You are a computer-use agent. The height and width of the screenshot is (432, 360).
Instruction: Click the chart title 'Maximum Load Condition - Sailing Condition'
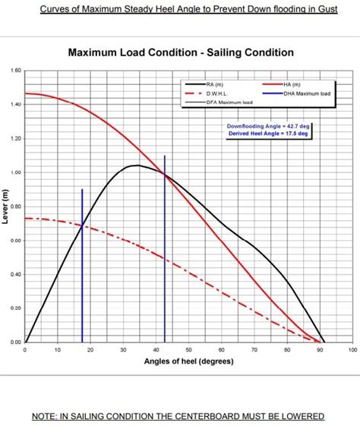180,53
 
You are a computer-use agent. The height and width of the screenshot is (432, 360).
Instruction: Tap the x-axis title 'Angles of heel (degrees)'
188,361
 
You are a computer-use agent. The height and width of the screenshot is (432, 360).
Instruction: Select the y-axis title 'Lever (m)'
6,207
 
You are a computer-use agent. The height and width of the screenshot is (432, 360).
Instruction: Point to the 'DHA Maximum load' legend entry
305,93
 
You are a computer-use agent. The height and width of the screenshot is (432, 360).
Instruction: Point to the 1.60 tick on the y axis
16,71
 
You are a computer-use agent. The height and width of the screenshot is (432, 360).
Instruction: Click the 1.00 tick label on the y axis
16,172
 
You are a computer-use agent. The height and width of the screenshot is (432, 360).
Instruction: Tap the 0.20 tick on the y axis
16,308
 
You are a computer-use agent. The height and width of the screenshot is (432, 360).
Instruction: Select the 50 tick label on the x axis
189,350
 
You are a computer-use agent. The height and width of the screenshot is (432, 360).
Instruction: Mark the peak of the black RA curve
137,165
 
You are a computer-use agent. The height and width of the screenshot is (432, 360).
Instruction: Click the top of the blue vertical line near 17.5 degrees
82,189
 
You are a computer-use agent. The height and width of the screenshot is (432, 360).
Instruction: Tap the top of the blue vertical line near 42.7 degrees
165,156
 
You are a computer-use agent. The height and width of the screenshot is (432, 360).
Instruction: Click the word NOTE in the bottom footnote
46,416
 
